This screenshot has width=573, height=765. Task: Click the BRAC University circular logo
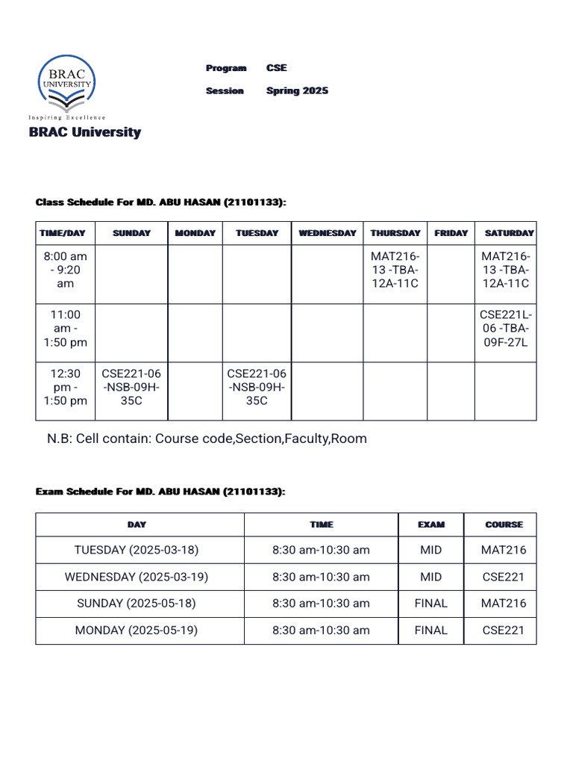[67, 84]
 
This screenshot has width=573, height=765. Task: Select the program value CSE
[276, 68]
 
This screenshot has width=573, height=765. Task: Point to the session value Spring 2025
[297, 90]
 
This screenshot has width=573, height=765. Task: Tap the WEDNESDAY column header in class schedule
[328, 233]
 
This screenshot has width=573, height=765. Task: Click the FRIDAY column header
[451, 233]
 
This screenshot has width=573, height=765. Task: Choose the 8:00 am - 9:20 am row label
[66, 270]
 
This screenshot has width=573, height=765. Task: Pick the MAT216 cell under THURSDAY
[395, 270]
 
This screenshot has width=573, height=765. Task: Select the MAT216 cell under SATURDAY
[506, 270]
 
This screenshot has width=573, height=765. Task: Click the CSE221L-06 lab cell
[506, 328]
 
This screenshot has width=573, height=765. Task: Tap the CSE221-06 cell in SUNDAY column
[131, 387]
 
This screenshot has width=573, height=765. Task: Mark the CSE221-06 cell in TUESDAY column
[257, 387]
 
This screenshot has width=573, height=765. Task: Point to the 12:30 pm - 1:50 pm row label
[66, 387]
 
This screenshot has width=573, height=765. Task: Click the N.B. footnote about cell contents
[207, 439]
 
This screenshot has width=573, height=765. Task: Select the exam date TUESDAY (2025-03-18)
[137, 550]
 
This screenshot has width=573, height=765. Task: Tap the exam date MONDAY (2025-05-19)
[137, 630]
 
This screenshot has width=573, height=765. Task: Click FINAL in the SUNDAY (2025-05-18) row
[430, 603]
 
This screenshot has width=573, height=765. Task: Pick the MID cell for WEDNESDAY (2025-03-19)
[430, 577]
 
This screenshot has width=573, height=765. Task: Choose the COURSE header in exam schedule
[504, 524]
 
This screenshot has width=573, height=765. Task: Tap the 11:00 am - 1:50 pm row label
[66, 328]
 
